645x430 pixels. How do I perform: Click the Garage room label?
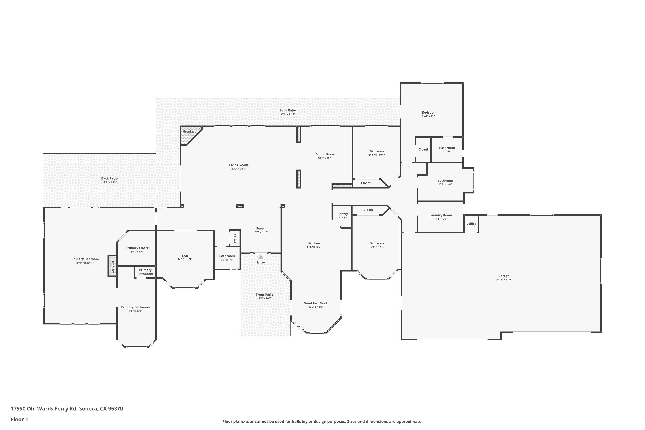pyautogui.click(x=504, y=276)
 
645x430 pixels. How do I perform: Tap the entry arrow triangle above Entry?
pyautogui.click(x=261, y=257)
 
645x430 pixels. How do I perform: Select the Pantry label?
pyautogui.click(x=342, y=214)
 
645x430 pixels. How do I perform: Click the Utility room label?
pyautogui.click(x=471, y=224)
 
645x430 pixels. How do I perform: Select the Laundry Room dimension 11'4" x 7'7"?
pyautogui.click(x=440, y=219)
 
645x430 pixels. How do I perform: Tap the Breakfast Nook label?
pyautogui.click(x=316, y=303)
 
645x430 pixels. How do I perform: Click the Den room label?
pyautogui.click(x=185, y=256)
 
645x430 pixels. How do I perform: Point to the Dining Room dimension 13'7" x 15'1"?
pyautogui.click(x=325, y=158)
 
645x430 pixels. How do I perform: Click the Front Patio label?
pyautogui.click(x=264, y=295)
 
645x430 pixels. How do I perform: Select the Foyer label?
pyautogui.click(x=261, y=228)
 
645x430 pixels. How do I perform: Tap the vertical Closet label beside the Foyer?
pyautogui.click(x=235, y=238)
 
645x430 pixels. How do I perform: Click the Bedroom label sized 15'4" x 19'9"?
pyautogui.click(x=429, y=112)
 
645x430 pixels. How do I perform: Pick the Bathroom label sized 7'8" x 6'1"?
pyautogui.click(x=447, y=148)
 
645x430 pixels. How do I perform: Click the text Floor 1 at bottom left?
pyautogui.click(x=19, y=419)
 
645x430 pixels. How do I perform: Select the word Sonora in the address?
pyautogui.click(x=88, y=409)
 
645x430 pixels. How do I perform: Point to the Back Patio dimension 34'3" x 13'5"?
pyautogui.click(x=109, y=182)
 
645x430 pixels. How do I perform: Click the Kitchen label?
pyautogui.click(x=314, y=243)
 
